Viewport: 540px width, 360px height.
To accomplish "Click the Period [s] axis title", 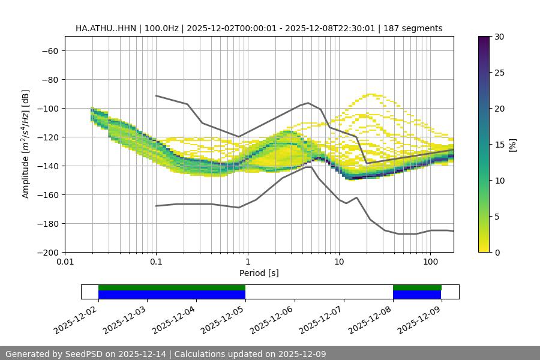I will coord(259,273).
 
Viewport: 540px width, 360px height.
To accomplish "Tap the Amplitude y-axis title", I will coord(26,144).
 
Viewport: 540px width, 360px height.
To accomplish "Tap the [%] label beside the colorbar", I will coord(512,145).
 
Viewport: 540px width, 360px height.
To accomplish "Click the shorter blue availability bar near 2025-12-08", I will coord(417,295).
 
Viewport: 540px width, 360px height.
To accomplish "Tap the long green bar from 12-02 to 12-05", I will coord(172,287).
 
